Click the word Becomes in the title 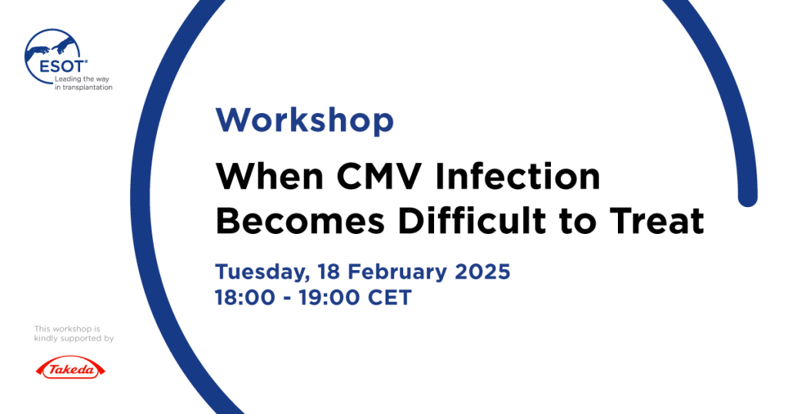(301, 221)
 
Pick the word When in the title (270, 176)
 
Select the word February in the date (397, 272)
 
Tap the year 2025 (482, 272)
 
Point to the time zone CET (390, 298)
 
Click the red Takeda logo (70, 369)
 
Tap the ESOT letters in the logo (62, 66)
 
